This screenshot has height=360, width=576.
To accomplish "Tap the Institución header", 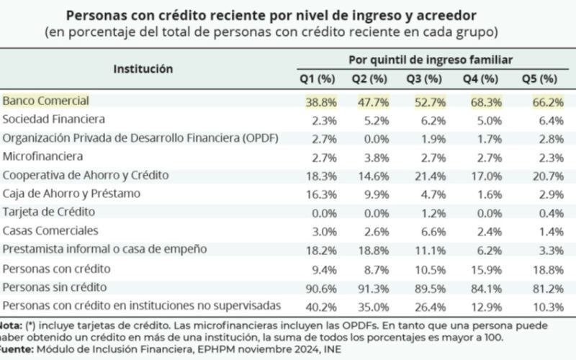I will [x=143, y=68].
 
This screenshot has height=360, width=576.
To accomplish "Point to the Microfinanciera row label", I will [x=43, y=156].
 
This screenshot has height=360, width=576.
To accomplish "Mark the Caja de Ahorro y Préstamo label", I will [x=71, y=193].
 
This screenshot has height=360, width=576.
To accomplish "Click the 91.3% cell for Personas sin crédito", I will [x=371, y=287].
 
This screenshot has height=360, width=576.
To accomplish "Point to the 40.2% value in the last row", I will [x=315, y=306].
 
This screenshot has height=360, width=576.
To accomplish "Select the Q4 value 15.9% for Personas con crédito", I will [x=485, y=269].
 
